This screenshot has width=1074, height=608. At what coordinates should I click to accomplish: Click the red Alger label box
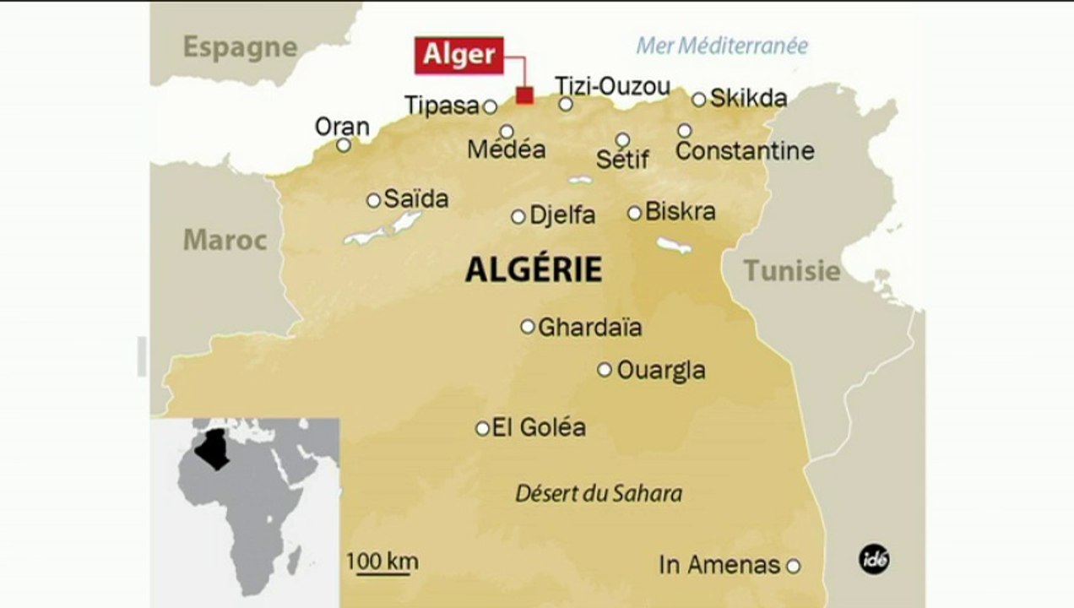459,55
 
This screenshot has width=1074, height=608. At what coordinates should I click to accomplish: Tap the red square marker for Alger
524,95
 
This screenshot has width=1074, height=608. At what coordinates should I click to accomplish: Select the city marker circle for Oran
344,145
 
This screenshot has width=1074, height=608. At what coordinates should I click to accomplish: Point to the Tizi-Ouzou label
612,86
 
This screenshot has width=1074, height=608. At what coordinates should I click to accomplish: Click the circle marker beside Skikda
698,100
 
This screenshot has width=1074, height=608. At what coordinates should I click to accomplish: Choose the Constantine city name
745,151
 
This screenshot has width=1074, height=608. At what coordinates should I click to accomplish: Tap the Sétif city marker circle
622,139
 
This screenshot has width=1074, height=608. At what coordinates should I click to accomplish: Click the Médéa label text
506,150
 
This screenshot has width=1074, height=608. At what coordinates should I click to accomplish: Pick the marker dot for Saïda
373,200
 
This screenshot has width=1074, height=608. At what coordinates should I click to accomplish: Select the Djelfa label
561,215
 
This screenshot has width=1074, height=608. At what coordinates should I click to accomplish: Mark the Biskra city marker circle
634,213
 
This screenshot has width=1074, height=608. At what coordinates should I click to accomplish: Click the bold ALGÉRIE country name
534,269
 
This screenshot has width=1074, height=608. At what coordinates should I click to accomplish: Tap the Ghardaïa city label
589,327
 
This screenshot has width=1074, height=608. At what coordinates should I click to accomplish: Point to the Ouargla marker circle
605,369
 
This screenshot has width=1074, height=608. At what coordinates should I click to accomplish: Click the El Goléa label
539,427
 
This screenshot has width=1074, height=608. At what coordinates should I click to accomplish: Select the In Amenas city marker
793,566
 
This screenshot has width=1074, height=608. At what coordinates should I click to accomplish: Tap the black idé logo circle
874,558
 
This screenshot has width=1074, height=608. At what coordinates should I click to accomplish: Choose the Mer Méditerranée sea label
721,46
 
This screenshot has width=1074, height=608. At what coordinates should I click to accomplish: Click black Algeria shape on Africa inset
213,448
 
